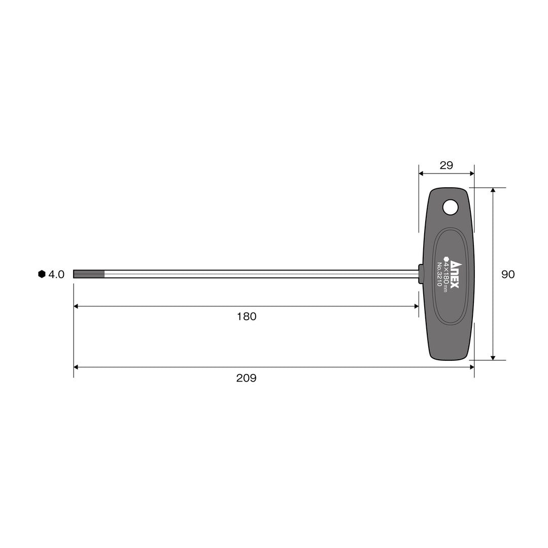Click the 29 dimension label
[447, 165]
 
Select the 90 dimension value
[508, 275]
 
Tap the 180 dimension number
[247, 317]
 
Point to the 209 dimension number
[247, 378]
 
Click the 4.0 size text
[56, 275]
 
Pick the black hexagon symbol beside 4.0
[42, 274]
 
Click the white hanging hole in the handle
[450, 207]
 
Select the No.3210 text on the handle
[439, 275]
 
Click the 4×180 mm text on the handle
[446, 275]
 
